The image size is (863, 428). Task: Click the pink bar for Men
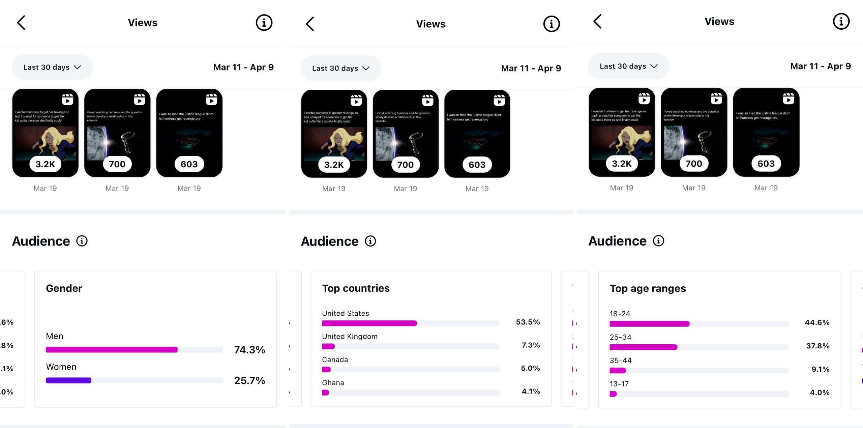tap(112, 350)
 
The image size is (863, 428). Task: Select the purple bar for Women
tap(68, 380)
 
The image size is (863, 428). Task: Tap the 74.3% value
tap(249, 350)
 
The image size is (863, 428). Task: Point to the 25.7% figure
tap(249, 380)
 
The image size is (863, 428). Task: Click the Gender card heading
tap(64, 288)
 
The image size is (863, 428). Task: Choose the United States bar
tap(369, 323)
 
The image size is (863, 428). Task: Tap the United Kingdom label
tap(350, 336)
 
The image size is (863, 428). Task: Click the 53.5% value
tap(528, 322)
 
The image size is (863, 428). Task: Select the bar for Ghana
tap(326, 393)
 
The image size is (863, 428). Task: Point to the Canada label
tap(335, 360)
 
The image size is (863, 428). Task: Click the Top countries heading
tap(356, 288)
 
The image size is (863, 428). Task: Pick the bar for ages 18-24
tap(649, 324)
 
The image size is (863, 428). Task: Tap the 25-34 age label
tap(620, 337)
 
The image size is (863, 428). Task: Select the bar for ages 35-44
tap(618, 370)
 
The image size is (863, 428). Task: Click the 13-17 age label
tap(619, 384)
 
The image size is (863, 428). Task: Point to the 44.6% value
tap(817, 322)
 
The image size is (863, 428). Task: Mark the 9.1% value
tap(820, 369)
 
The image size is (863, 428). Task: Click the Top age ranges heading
tap(648, 289)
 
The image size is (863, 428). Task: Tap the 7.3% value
tap(531, 345)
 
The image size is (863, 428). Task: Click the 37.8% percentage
tap(818, 346)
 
